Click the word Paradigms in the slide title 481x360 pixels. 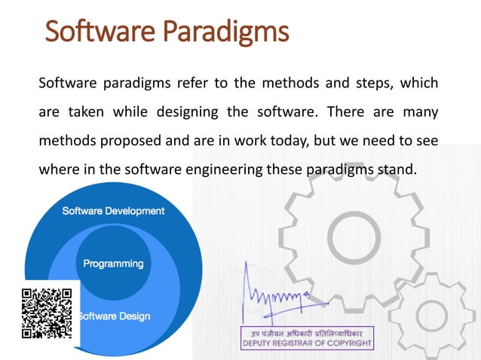[x=226, y=32]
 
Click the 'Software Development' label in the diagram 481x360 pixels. [x=113, y=211]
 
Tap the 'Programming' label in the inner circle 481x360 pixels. [x=113, y=264]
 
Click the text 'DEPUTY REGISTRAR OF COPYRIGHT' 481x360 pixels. [x=306, y=343]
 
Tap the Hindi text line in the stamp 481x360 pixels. [x=306, y=332]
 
